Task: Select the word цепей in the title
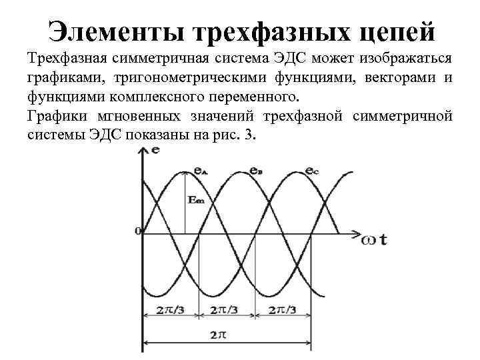[x=393, y=31]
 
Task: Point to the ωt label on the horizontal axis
[x=374, y=238]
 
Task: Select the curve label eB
[x=255, y=171]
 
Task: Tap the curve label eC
[x=312, y=171]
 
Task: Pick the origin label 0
[x=137, y=231]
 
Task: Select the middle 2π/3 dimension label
[x=227, y=311]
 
